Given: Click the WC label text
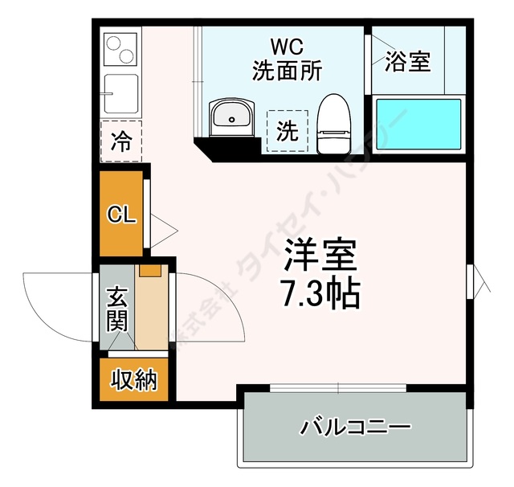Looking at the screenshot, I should pyautogui.click(x=286, y=47).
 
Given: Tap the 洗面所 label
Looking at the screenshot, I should pyautogui.click(x=286, y=70).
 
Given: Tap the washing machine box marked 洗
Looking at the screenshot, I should pyautogui.click(x=287, y=131).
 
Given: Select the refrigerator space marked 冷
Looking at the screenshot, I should pyautogui.click(x=121, y=142).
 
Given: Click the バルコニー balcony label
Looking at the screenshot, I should pyautogui.click(x=356, y=426).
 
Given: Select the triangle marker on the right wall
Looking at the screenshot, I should pyautogui.click(x=479, y=282).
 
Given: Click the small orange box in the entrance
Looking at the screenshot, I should pyautogui.click(x=149, y=270).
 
